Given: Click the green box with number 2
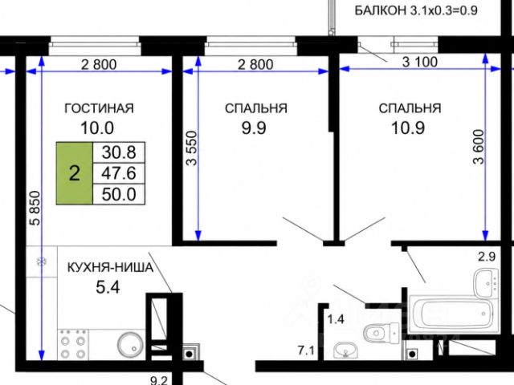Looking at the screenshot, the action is coord(75,173).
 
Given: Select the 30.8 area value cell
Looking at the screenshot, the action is coord(119,152).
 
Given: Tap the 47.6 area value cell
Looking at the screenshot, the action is coord(119,173).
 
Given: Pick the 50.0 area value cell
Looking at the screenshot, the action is coord(119,194).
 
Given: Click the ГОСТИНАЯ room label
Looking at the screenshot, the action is coord(99,108).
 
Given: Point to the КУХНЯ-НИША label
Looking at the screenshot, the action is coord(111,268).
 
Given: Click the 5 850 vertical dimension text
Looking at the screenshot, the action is coord(35,209).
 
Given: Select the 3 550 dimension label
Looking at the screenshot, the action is coord(191,148).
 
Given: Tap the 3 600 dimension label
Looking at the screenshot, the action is coord(479,147).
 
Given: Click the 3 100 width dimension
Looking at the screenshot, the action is coord(420,62).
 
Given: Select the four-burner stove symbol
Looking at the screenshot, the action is coord(73,344).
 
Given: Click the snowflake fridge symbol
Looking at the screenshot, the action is coord(42,261).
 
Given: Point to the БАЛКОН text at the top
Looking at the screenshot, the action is coord(380,10).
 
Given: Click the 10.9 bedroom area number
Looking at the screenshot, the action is coord(408,128).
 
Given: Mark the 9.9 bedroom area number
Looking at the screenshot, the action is coord(254,128).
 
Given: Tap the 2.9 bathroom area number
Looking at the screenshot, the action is coord(487,257).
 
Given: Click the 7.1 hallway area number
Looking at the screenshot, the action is coord(306,351).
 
